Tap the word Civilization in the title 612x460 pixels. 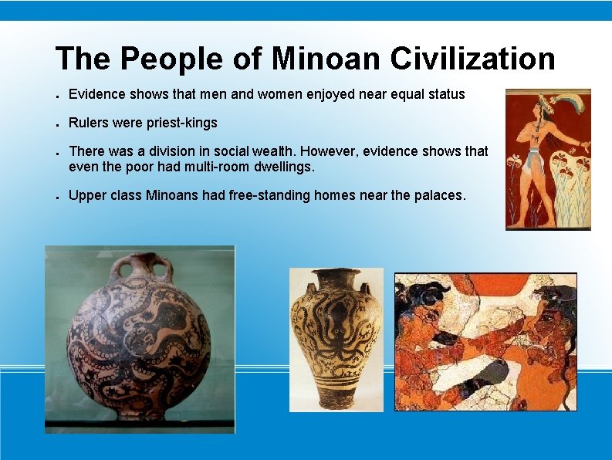[x=472, y=59]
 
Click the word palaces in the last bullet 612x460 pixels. [x=439, y=195]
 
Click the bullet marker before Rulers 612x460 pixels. [x=59, y=124]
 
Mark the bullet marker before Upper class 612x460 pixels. [x=59, y=197]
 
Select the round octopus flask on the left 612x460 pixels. [x=139, y=340]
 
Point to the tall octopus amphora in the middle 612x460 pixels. [x=336, y=340]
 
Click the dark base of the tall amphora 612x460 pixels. [x=336, y=400]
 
